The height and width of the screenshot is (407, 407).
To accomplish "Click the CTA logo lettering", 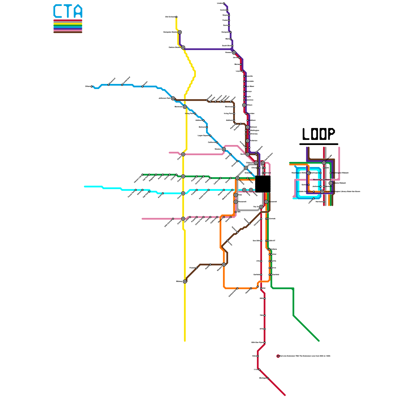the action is pos(68,11).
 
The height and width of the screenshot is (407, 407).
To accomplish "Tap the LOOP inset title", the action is pos(318,134).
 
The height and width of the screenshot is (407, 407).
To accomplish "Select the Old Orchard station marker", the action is pos(176,17).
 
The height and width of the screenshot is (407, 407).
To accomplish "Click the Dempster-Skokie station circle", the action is pos(180,32).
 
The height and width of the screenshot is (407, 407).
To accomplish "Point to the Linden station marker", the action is pos(224,3).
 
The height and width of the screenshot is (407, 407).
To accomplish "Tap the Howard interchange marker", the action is pos(234,53).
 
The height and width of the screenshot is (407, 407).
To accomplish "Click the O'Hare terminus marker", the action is pos(92,86).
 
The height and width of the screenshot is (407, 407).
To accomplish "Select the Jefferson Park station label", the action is pos(164,98).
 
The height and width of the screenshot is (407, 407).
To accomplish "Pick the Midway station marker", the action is pos(185,281).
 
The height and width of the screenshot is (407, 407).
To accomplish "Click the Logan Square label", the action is pos(203,136).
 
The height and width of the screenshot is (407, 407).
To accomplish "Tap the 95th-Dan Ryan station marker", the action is pos(265,343).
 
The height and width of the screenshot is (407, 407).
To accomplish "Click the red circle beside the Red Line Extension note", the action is pos(278,356).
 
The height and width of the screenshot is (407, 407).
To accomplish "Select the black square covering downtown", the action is pos(263,184).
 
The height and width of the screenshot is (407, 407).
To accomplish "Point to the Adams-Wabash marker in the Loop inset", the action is pos(331,183).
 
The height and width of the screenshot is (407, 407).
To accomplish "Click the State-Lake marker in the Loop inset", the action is pos(324,163).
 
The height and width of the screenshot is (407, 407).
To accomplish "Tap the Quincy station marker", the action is pos(309,185).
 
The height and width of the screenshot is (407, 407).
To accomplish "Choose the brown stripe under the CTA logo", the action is pos(68,32).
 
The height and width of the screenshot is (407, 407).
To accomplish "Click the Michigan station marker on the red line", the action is pos(268,378).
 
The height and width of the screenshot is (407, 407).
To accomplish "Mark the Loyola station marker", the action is pos(242,71).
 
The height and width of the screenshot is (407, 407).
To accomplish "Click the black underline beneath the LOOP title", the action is pos(318,144).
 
